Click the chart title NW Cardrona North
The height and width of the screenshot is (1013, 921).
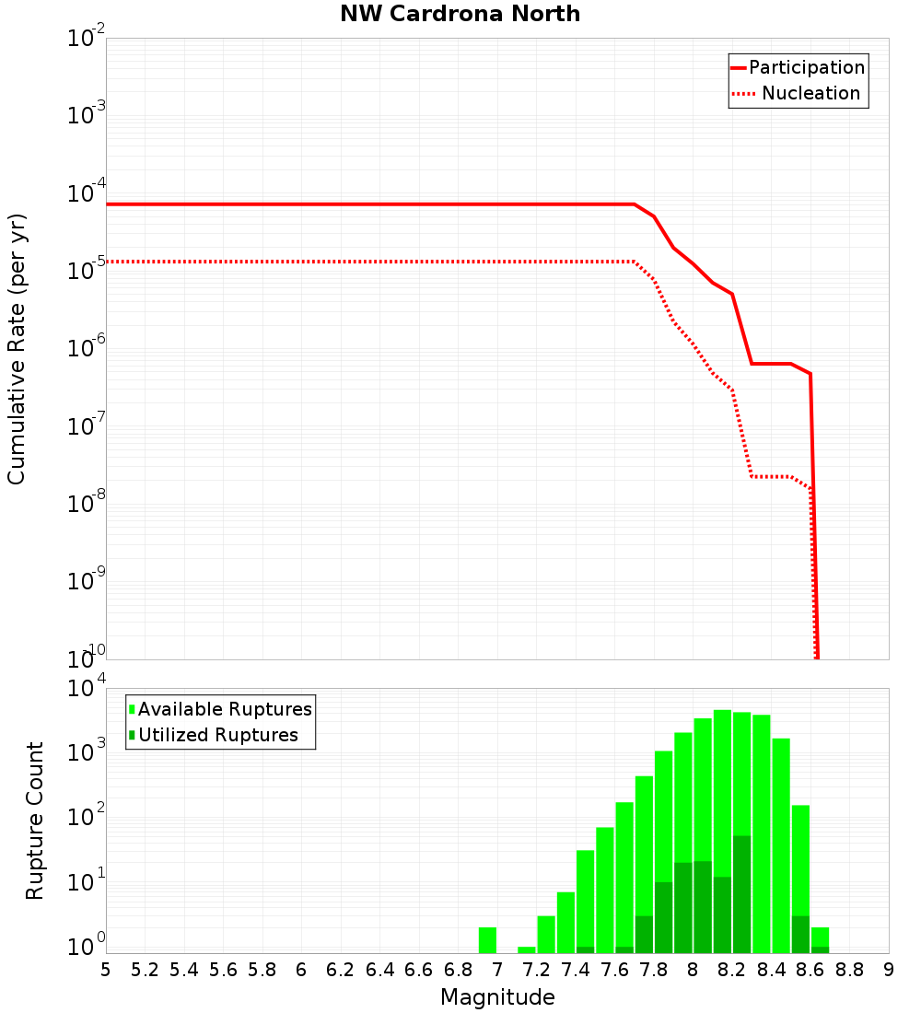(x=460, y=14)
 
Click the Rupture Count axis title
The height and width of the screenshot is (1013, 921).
(x=35, y=821)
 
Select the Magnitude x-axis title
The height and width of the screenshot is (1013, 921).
(x=497, y=997)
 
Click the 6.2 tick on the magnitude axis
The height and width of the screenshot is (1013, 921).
(x=341, y=970)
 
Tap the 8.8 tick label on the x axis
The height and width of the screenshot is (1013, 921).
(x=849, y=970)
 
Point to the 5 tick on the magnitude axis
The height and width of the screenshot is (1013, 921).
(x=106, y=970)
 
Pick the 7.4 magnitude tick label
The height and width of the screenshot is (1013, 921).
(x=576, y=970)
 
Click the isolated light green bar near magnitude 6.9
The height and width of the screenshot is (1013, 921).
(x=487, y=939)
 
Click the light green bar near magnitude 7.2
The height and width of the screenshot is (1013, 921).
(x=546, y=934)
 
